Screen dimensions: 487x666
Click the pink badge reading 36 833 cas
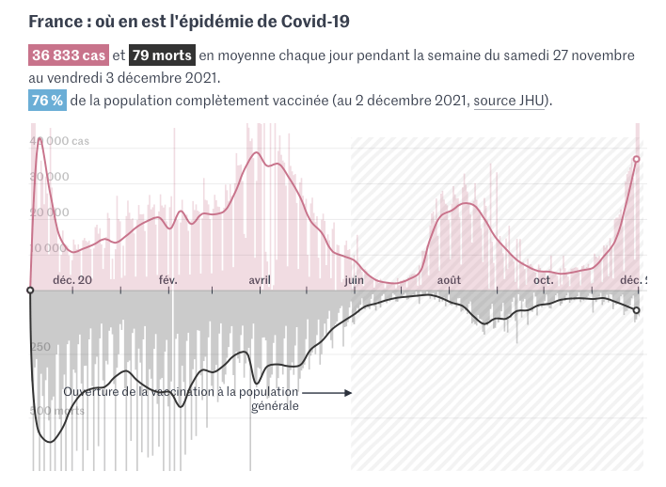click(69, 55)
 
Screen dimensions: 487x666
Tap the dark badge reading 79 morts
click(163, 55)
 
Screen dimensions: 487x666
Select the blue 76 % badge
click(47, 101)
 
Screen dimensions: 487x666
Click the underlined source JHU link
click(509, 101)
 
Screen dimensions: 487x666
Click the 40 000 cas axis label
click(65, 141)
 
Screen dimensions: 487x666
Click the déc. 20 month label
click(72, 280)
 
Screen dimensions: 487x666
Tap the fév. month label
click(168, 280)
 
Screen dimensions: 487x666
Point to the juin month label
click(355, 280)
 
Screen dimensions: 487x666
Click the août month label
click(449, 280)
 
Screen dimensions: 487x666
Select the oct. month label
click(543, 280)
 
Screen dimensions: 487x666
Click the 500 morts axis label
click(57, 411)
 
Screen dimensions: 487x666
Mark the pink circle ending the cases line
click(637, 159)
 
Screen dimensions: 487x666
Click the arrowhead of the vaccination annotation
click(347, 392)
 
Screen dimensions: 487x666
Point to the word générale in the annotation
click(275, 406)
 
